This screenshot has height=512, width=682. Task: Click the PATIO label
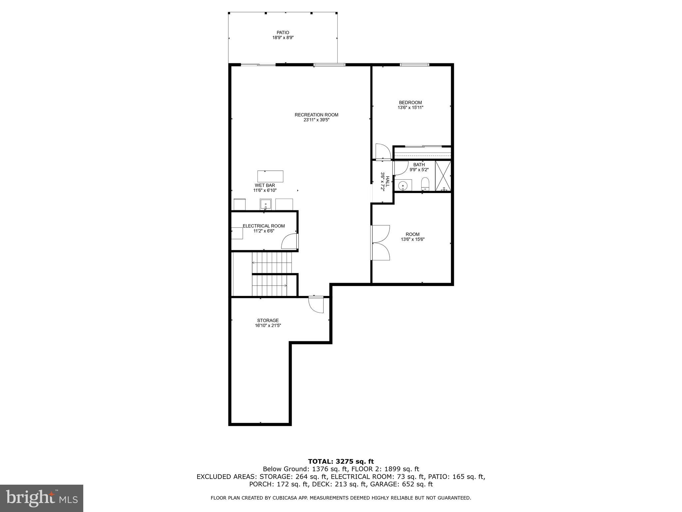pos(283,33)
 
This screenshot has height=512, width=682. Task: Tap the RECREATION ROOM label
pos(316,115)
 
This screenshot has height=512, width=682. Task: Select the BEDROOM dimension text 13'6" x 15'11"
pos(410,108)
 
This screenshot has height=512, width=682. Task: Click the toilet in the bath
pos(425,184)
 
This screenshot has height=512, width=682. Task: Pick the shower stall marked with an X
pos(443,176)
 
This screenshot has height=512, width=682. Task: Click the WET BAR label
pos(265,185)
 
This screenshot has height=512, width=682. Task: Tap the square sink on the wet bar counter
pos(266,204)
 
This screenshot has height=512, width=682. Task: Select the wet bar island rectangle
pos(270,176)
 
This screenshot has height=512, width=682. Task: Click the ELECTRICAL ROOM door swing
pos(289,242)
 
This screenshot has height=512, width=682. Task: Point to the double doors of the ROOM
pos(381,243)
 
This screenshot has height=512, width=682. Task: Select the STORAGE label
pos(268,321)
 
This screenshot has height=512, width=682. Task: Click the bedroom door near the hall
pos(383,152)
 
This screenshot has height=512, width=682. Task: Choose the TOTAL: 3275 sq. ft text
pos(341,462)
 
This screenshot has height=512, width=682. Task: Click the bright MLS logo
pos(42,498)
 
